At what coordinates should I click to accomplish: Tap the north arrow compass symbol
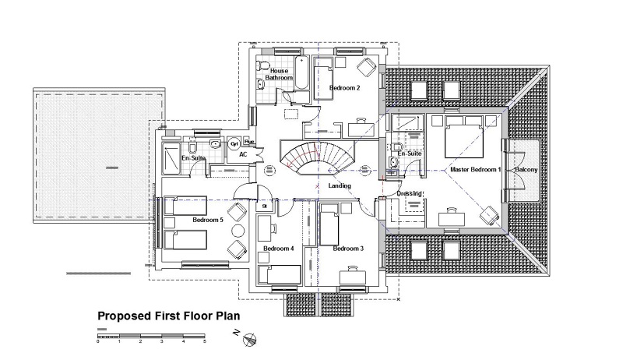click(x=249, y=337)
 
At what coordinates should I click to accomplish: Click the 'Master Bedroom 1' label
click(x=473, y=169)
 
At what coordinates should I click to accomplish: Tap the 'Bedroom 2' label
click(x=344, y=88)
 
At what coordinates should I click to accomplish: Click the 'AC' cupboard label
click(x=243, y=154)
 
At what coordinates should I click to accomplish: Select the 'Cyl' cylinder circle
click(x=234, y=143)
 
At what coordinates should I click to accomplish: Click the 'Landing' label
click(x=340, y=185)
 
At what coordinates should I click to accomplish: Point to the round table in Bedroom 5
click(x=237, y=231)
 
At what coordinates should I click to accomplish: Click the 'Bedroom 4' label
click(x=278, y=249)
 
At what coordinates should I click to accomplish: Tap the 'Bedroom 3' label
click(x=348, y=249)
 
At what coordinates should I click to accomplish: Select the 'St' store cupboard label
click(x=265, y=206)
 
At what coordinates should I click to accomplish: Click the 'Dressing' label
click(x=409, y=193)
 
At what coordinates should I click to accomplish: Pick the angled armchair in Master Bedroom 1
click(x=488, y=215)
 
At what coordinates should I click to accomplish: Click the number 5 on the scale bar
click(x=205, y=341)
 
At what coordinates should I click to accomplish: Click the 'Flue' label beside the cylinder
click(x=248, y=142)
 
